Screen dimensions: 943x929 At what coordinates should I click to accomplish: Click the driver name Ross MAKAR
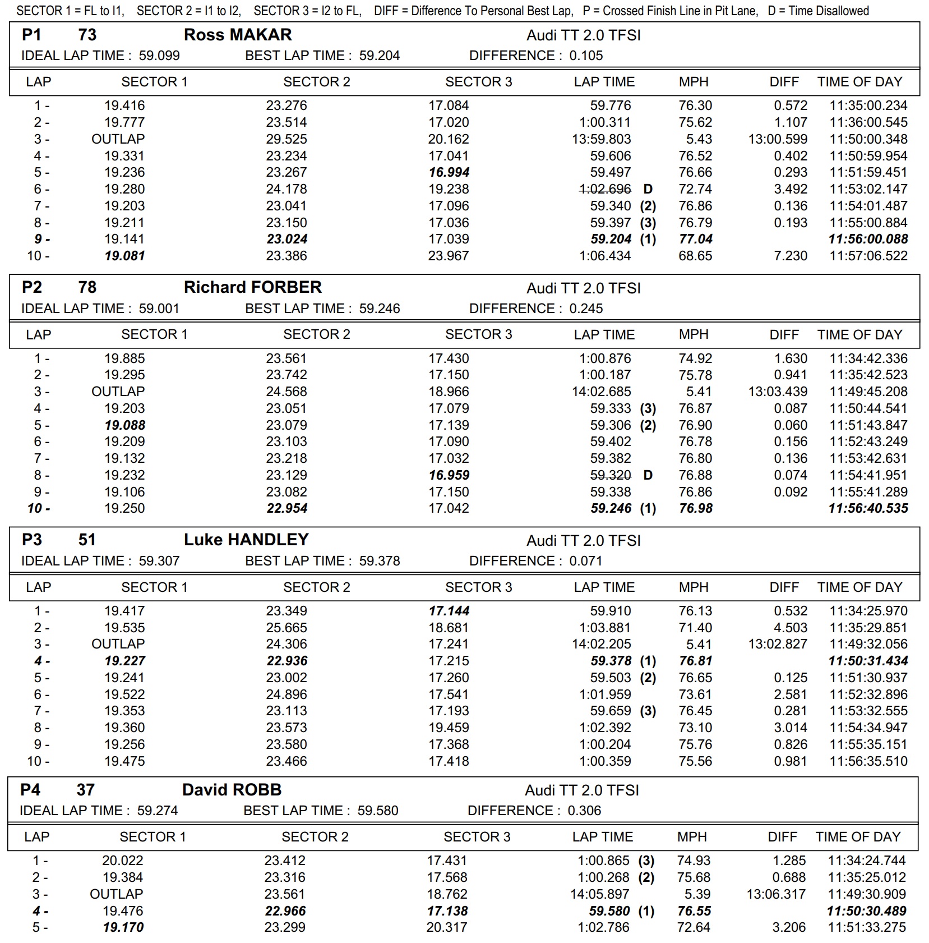tap(238, 35)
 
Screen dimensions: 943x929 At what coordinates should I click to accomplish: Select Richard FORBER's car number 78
tap(87, 287)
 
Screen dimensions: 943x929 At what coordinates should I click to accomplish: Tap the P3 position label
tap(31, 540)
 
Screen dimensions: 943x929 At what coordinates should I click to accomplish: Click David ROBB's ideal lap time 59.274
tap(158, 811)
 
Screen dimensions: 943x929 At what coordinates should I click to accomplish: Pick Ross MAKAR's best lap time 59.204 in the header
tap(380, 56)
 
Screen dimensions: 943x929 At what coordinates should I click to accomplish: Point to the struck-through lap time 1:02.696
tap(605, 189)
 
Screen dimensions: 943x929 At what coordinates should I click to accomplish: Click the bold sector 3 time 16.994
tap(449, 172)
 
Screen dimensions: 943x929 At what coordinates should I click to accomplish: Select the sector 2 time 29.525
tap(286, 139)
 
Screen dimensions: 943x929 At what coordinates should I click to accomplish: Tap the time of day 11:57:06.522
tap(868, 256)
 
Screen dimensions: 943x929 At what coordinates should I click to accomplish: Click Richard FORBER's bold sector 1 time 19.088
tap(124, 425)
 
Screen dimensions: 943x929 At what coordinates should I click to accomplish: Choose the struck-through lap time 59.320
tap(611, 475)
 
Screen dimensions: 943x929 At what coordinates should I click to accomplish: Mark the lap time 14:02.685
tap(601, 392)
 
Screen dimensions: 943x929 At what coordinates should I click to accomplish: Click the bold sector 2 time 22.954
tap(286, 508)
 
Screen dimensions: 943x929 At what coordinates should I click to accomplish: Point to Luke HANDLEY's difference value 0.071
tap(586, 561)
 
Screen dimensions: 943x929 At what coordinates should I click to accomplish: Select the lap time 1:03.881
tap(605, 628)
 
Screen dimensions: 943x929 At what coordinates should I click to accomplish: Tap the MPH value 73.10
tap(695, 728)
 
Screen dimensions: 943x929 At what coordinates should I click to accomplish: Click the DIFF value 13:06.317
tap(776, 894)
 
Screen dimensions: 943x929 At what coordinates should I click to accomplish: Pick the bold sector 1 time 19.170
tap(123, 927)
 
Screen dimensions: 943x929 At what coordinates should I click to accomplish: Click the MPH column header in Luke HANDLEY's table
tap(694, 587)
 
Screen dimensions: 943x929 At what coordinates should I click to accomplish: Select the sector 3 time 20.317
tap(447, 927)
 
